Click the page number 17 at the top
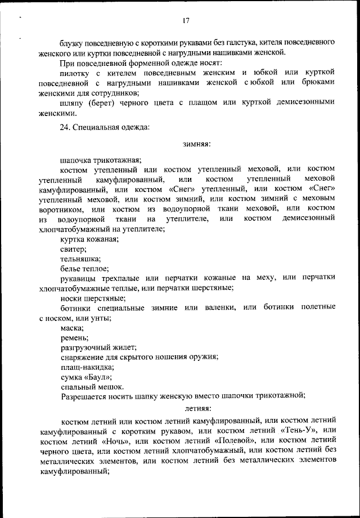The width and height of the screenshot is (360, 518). pos(186,21)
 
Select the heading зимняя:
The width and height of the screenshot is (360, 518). pos(196,145)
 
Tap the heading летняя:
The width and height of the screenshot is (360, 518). pos(196,407)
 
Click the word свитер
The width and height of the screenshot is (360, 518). pos(73,249)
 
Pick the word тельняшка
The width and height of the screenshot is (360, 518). pos(80,259)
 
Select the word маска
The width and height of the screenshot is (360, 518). pos(72,327)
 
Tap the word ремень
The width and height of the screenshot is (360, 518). pos(74,337)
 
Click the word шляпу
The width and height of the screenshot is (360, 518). pos(73,102)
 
